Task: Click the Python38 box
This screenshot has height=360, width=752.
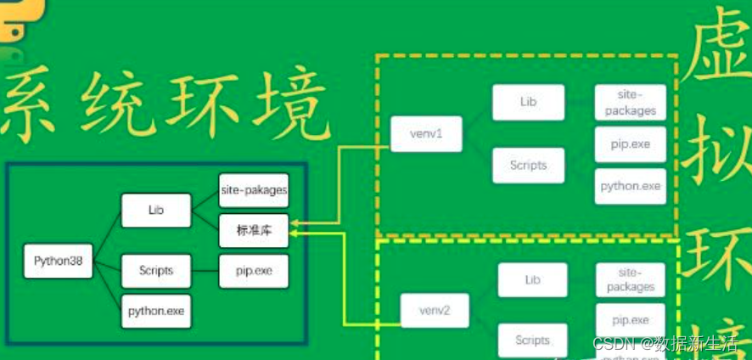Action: (x=59, y=261)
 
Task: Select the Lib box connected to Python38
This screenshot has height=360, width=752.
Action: (x=156, y=211)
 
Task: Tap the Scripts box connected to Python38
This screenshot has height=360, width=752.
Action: (x=156, y=271)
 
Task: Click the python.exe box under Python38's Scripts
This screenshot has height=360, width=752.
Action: (x=156, y=312)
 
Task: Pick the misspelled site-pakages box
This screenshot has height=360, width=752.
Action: (x=253, y=190)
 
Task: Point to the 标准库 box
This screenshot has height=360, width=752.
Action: (x=253, y=230)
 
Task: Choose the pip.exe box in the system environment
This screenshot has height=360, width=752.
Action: (x=253, y=271)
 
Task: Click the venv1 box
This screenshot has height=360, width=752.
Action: (x=426, y=134)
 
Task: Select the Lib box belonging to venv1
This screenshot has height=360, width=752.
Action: (x=528, y=102)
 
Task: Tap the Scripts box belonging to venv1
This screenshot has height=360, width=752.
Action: (x=528, y=165)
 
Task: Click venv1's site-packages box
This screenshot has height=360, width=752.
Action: (x=630, y=103)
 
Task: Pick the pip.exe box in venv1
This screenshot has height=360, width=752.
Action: (x=630, y=144)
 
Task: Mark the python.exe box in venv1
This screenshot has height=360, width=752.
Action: (x=630, y=186)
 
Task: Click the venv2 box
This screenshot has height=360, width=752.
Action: (x=435, y=311)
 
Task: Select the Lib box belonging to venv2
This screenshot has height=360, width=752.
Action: (x=532, y=280)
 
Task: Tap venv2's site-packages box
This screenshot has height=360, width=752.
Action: (x=630, y=280)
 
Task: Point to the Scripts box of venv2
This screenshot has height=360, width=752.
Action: (x=532, y=340)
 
